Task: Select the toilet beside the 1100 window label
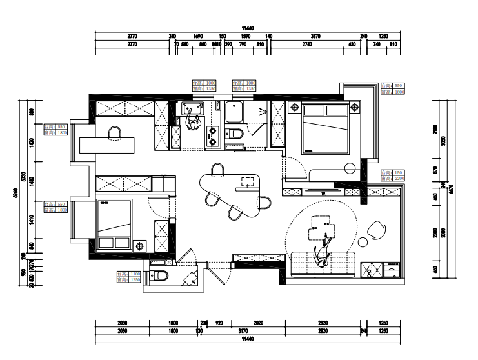(x=161, y=276)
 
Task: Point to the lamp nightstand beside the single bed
(x=141, y=245)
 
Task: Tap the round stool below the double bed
(x=350, y=168)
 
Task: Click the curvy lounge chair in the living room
(x=376, y=228)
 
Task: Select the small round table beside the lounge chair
(x=363, y=243)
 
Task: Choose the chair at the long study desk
(x=115, y=133)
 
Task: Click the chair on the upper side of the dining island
(x=217, y=170)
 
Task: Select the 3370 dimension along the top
(x=315, y=37)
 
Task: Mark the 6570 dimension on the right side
(x=452, y=188)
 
